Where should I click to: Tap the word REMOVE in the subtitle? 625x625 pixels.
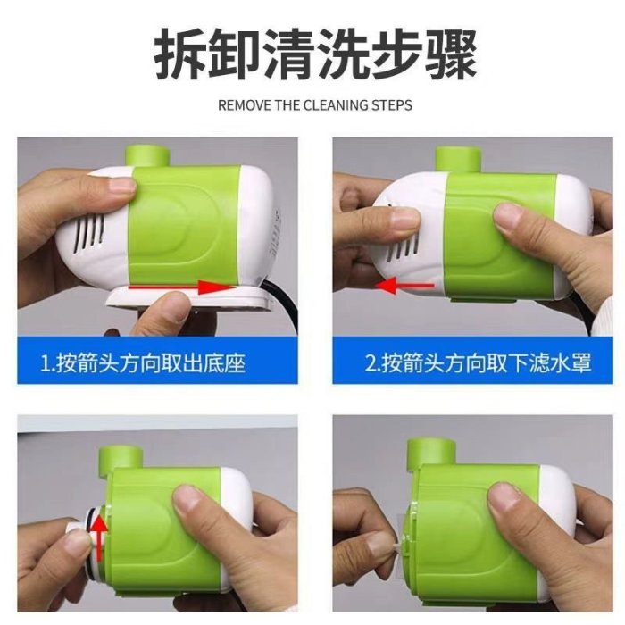tap(243, 105)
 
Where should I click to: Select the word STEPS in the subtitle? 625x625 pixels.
tap(392, 105)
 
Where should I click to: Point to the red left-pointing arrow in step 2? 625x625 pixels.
tap(405, 286)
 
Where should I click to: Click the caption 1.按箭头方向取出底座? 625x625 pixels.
tap(143, 362)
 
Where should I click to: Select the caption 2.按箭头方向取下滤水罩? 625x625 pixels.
tap(479, 362)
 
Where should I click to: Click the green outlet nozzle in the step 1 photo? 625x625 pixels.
tap(147, 156)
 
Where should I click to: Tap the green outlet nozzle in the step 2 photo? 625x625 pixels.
tap(457, 160)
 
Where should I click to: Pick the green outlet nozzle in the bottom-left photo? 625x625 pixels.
tap(121, 457)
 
